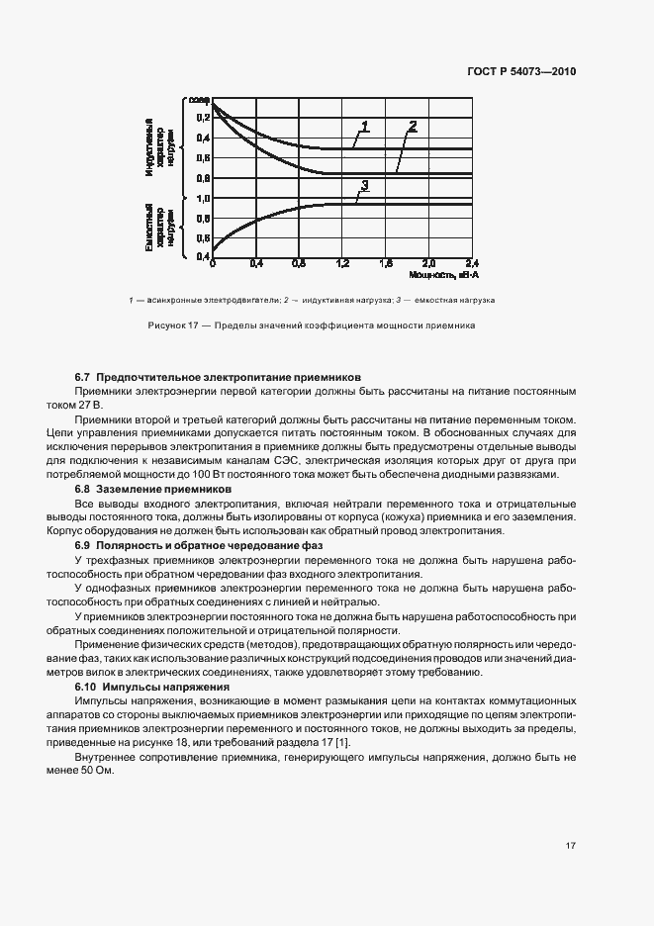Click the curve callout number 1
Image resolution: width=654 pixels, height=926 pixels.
point(364,127)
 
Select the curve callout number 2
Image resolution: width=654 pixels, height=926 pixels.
point(412,126)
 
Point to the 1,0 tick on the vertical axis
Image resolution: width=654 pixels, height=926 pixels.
point(203,198)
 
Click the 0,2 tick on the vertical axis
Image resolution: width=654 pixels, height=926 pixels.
point(203,118)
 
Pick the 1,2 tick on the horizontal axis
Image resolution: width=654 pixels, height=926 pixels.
point(343,264)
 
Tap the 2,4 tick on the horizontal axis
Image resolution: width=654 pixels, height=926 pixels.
point(471,264)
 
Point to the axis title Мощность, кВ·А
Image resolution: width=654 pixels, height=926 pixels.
point(440,274)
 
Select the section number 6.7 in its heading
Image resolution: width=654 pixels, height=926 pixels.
point(83,378)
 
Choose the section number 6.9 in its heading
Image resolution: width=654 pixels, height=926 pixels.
point(83,546)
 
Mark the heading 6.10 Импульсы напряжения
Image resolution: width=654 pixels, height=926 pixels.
point(152,687)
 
